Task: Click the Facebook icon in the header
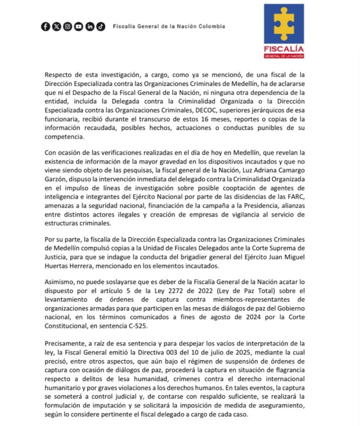click(46, 27)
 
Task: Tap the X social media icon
click(57, 27)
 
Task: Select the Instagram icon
click(67, 27)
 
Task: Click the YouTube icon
click(79, 27)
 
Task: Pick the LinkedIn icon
click(90, 27)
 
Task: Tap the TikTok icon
click(101, 27)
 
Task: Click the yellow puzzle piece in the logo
click(284, 24)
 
